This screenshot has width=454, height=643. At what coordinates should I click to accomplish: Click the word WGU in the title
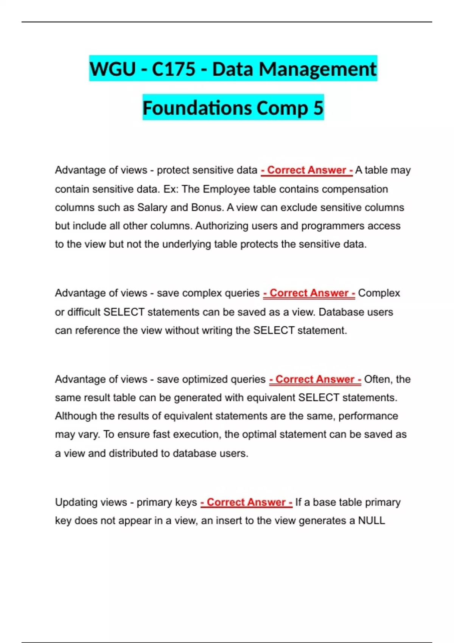click(x=112, y=69)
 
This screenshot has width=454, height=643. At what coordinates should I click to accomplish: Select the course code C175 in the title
click(x=174, y=69)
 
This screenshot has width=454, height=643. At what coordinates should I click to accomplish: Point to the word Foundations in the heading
click(x=197, y=108)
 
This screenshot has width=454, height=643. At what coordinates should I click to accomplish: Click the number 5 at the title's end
click(x=318, y=108)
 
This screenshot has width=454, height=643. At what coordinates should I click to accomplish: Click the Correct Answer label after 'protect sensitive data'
click(x=306, y=170)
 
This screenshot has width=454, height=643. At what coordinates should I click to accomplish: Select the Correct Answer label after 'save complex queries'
click(x=309, y=293)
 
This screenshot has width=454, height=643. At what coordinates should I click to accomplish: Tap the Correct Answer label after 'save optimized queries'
click(x=315, y=379)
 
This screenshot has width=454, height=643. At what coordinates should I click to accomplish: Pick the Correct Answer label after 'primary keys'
click(x=246, y=502)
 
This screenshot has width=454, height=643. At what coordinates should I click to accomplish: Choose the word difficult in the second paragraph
click(x=84, y=312)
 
